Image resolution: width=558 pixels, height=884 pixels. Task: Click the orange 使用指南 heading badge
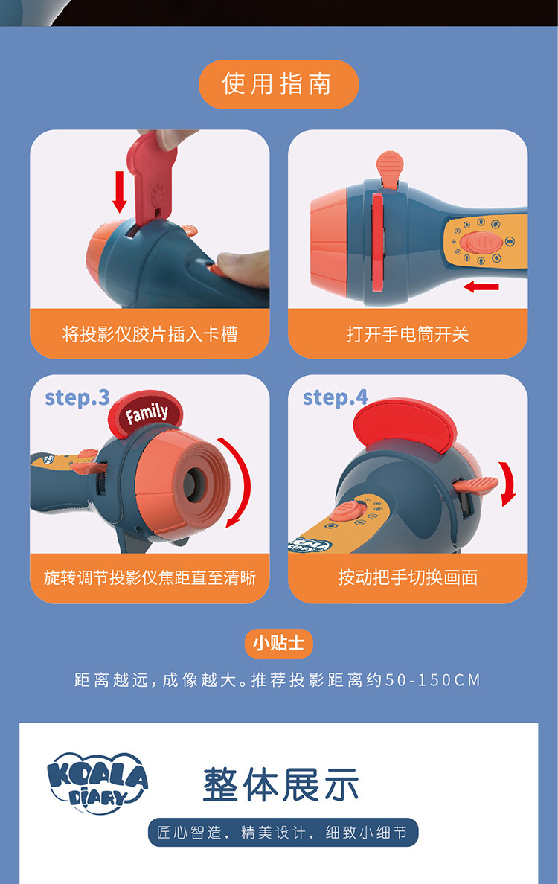point(278,84)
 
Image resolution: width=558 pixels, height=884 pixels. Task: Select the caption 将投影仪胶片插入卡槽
point(150,334)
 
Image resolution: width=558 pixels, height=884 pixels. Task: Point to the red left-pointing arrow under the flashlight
point(481,286)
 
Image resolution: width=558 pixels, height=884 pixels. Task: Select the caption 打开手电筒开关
point(408,334)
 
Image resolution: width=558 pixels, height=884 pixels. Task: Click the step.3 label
point(77,397)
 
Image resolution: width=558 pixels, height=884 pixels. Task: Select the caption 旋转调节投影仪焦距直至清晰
point(150,577)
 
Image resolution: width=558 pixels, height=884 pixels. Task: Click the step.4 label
point(335,397)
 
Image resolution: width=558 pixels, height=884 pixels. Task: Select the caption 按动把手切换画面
point(408,577)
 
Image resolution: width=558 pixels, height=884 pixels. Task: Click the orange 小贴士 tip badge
point(278,643)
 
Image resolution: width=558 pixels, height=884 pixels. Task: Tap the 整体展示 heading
point(281,784)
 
